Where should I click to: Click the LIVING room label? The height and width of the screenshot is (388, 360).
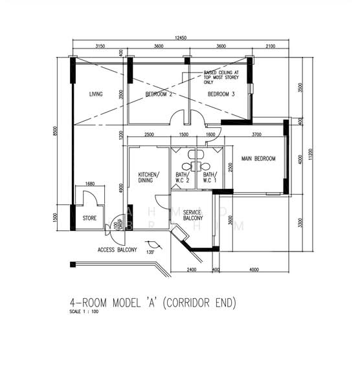96,94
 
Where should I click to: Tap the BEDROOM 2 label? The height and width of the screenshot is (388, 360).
158,94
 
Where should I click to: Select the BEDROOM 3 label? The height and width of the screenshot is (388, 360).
221,94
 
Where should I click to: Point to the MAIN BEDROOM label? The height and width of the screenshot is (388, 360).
258,158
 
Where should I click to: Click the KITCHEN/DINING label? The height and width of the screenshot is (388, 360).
149,177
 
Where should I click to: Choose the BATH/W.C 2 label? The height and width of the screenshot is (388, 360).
181,177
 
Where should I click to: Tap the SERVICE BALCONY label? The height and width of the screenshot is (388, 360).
193,215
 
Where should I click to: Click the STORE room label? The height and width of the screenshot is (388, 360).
89,219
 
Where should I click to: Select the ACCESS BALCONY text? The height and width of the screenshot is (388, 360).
117,249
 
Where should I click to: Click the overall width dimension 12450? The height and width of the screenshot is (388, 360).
181,38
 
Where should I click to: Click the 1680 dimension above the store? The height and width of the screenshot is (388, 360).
90,184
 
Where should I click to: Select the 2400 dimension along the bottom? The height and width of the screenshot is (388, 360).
191,270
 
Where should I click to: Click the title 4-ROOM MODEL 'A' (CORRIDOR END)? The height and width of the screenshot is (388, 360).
153,302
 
